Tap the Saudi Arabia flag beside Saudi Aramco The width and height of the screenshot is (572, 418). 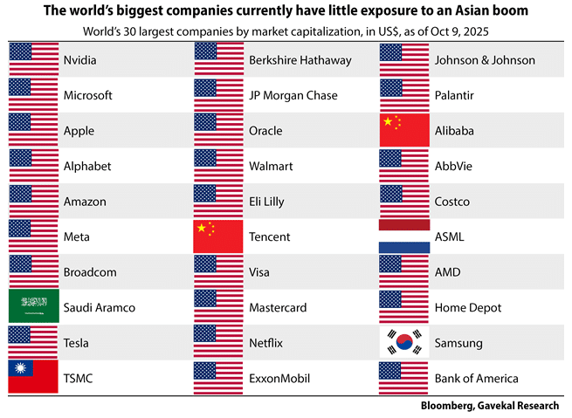click(x=33, y=306)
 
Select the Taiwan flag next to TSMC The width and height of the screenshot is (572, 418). click(x=33, y=377)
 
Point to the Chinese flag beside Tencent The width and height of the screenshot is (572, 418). click(x=218, y=236)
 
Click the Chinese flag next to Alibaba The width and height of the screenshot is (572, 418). click(x=404, y=131)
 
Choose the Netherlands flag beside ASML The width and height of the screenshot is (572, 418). click(x=404, y=236)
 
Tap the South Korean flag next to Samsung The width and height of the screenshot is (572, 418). click(x=404, y=342)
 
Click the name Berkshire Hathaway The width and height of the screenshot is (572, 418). click(x=300, y=60)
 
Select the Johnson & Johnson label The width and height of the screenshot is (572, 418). click(x=484, y=60)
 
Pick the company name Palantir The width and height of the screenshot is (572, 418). click(x=457, y=95)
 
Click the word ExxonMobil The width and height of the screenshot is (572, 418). click(x=280, y=378)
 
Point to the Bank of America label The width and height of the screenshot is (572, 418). click(x=476, y=378)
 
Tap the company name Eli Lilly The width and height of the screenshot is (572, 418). click(x=271, y=202)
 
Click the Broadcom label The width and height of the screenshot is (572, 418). click(x=91, y=271)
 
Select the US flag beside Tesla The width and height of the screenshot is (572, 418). click(x=33, y=342)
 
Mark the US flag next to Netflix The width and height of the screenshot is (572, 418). click(x=218, y=342)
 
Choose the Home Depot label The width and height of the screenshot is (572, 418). click(x=468, y=307)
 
